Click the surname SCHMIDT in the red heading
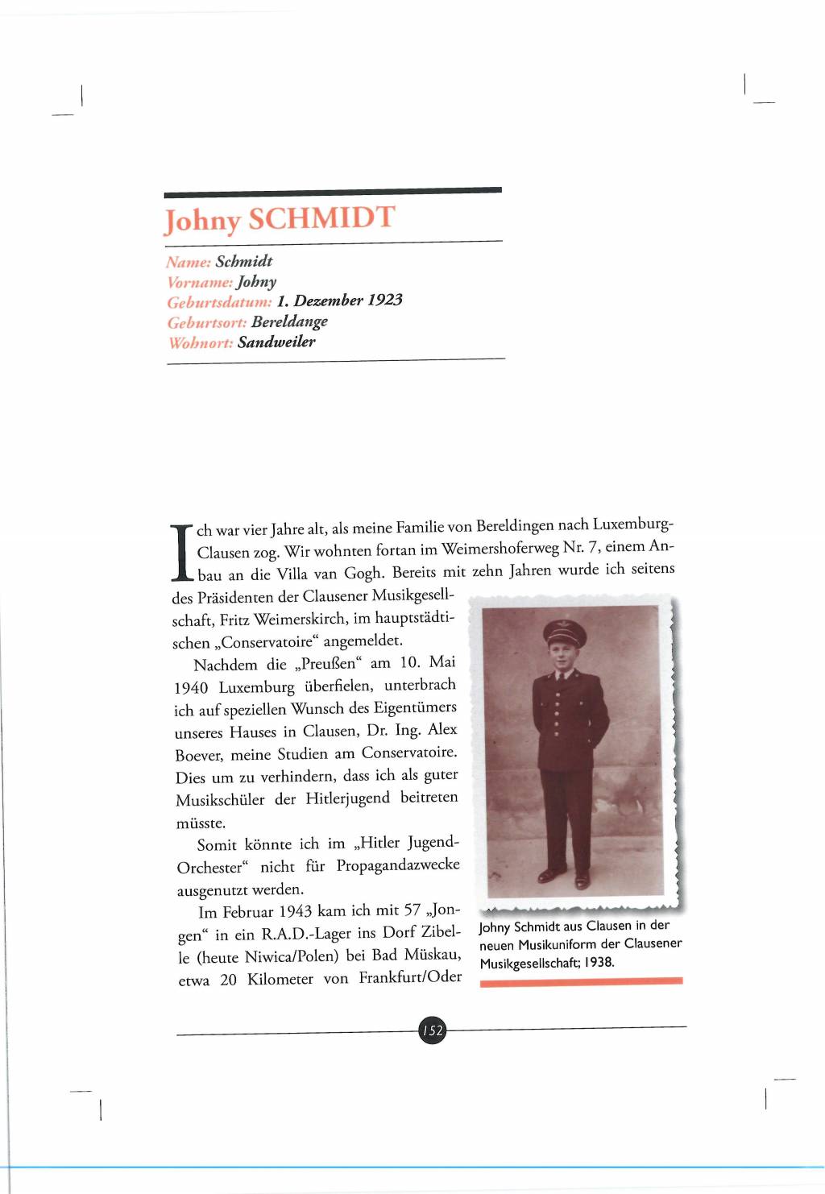point(321,218)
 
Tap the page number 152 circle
point(433,1030)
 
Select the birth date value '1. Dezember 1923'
point(339,301)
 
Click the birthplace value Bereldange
point(289,321)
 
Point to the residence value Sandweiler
point(276,342)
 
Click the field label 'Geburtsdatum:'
point(219,302)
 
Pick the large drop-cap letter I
point(183,553)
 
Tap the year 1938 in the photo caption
point(599,962)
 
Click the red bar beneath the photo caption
point(581,981)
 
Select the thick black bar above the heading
point(333,192)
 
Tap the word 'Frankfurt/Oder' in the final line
point(410,977)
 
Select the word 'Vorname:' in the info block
point(200,282)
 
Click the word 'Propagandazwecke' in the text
point(398,865)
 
